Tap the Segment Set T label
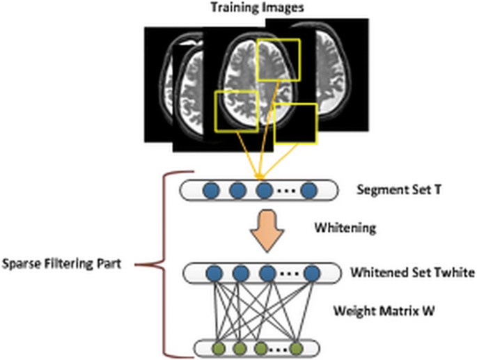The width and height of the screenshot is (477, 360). [x=390, y=189]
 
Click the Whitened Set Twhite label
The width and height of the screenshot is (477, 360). [x=402, y=272]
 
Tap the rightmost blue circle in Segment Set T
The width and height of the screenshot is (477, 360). [x=310, y=189]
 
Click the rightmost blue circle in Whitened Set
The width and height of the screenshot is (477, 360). [x=311, y=272]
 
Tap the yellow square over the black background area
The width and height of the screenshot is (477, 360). [x=296, y=123]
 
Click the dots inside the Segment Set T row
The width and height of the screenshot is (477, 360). [x=287, y=190]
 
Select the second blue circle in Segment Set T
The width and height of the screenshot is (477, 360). [x=237, y=189]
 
